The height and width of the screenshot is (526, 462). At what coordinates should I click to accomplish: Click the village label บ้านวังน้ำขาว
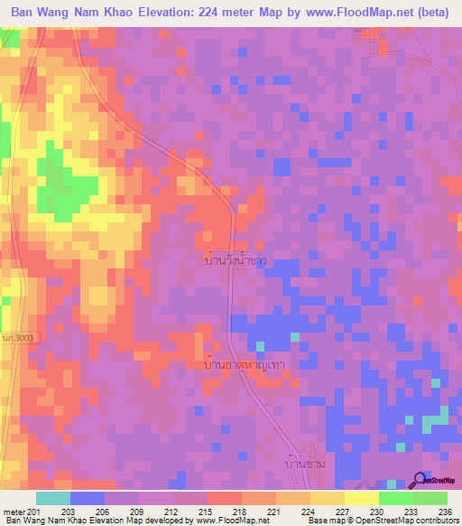(236, 259)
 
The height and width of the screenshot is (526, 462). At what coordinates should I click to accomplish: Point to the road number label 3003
(17, 337)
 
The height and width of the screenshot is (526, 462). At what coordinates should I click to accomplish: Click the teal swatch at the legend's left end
(52, 498)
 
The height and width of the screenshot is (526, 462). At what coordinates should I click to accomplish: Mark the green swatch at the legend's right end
(430, 498)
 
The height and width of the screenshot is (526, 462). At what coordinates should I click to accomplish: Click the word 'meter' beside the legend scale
(13, 512)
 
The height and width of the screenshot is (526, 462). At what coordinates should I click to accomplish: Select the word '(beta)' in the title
(430, 12)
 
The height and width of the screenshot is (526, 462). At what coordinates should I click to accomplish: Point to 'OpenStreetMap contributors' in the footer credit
(403, 521)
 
